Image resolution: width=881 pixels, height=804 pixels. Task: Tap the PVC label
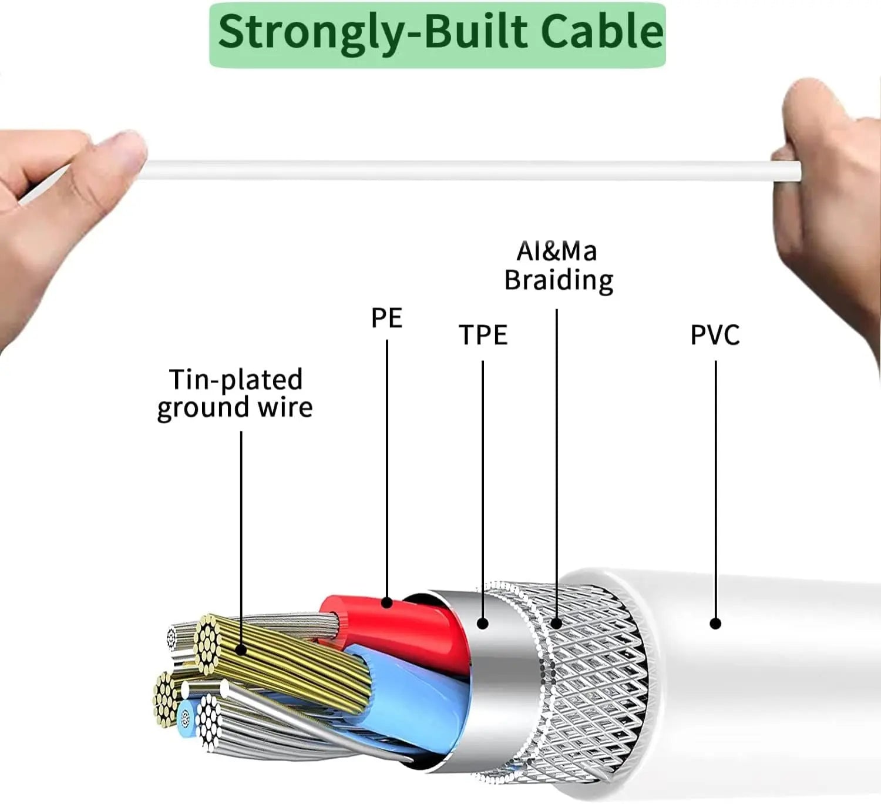click(715, 335)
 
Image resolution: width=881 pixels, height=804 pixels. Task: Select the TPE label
click(483, 335)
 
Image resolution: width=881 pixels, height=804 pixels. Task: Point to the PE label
click(386, 317)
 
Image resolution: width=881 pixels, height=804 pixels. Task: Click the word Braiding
click(559, 280)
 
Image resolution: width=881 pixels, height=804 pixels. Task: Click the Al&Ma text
click(556, 252)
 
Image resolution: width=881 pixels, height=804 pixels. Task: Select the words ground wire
click(235, 408)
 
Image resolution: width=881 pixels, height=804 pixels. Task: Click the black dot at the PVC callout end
click(715, 624)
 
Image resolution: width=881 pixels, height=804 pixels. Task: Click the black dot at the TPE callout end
click(483, 624)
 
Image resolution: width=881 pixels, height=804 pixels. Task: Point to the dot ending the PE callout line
click(387, 602)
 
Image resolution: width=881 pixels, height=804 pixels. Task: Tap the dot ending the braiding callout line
click(556, 624)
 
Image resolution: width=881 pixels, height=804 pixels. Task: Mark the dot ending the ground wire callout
click(241, 649)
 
